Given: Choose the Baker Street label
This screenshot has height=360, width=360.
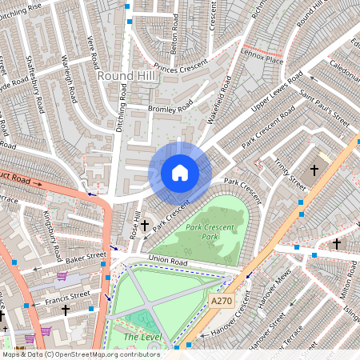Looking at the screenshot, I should tap(86, 258).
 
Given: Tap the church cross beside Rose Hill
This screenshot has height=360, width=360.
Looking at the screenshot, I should tap(145, 226).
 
